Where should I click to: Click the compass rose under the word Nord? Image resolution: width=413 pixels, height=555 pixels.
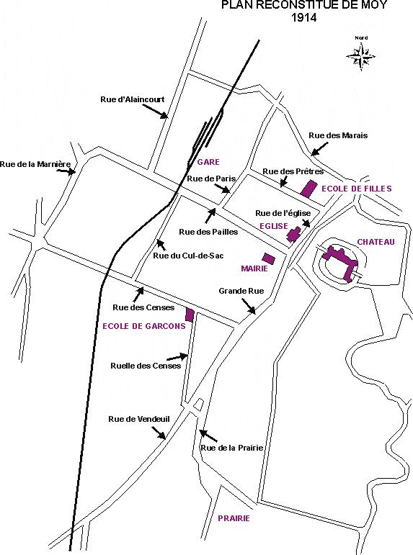click(361, 57)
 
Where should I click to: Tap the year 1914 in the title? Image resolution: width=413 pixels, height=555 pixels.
click(304, 17)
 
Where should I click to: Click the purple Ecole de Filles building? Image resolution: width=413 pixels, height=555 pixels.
click(308, 188)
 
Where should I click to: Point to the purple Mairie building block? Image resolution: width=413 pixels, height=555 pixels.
click(268, 258)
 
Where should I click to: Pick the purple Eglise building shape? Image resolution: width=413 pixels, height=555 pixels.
click(294, 234)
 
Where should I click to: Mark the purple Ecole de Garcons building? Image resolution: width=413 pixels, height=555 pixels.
click(190, 315)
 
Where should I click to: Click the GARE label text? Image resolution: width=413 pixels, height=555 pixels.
click(208, 162)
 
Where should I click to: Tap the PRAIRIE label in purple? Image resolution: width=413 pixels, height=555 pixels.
click(234, 518)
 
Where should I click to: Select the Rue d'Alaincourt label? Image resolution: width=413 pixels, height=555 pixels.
click(132, 99)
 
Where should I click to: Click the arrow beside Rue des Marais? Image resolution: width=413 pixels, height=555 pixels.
click(319, 149)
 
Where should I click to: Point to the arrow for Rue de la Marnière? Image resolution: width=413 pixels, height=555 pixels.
click(66, 171)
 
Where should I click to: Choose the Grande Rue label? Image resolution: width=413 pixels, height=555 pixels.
click(241, 291)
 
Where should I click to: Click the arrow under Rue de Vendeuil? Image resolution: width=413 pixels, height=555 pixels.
click(159, 433)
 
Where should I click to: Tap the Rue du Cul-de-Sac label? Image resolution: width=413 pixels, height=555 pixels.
click(188, 256)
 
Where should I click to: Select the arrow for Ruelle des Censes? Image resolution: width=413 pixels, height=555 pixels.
click(177, 357)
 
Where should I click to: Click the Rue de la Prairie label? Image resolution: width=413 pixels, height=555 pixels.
click(232, 448)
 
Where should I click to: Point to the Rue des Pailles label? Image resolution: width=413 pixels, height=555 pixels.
click(208, 233)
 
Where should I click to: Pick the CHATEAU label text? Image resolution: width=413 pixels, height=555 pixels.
click(376, 242)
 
